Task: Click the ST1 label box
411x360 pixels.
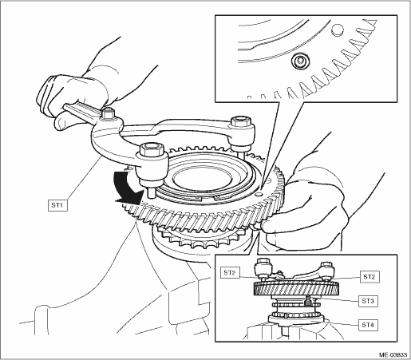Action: pyautogui.click(x=57, y=205)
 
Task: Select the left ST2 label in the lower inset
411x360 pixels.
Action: pyautogui.click(x=230, y=273)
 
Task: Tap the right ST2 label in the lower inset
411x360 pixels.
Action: pyautogui.click(x=370, y=277)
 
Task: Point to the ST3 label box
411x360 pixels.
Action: pyautogui.click(x=368, y=301)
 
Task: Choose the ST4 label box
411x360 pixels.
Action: pyautogui.click(x=368, y=325)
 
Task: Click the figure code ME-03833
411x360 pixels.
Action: pyautogui.click(x=393, y=355)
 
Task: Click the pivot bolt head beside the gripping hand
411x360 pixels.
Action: pyautogui.click(x=108, y=113)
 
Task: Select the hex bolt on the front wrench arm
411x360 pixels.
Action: pyautogui.click(x=150, y=150)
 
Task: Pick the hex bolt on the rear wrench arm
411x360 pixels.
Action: pyautogui.click(x=241, y=121)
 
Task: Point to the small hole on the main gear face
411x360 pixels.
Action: pyautogui.click(x=258, y=195)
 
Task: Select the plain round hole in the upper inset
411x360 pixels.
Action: pyautogui.click(x=338, y=29)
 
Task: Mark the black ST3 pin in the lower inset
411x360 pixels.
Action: pyautogui.click(x=308, y=301)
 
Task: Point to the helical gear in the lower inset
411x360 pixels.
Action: pyautogui.click(x=296, y=288)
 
